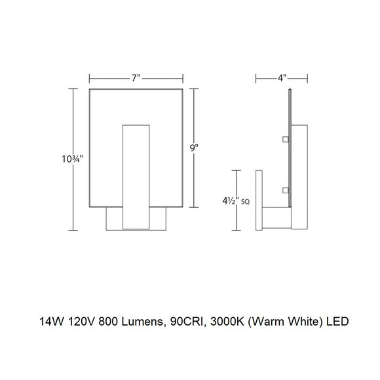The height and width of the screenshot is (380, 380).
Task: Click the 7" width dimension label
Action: click(136, 78)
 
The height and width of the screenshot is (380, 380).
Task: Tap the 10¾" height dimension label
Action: click(71, 157)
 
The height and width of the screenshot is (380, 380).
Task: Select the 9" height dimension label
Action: click(194, 149)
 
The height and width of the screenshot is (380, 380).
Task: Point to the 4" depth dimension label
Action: click(282, 78)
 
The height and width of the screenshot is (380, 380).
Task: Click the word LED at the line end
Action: click(338, 322)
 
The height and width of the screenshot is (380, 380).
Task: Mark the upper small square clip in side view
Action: click(286, 139)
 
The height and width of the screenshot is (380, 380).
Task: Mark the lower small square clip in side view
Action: click(286, 190)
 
